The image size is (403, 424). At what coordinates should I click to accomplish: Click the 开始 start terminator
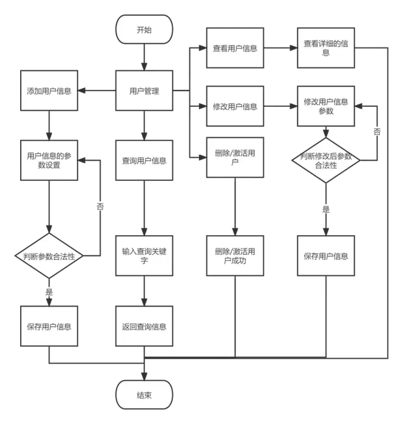tap(144, 29)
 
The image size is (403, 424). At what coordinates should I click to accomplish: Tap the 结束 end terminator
tap(144, 395)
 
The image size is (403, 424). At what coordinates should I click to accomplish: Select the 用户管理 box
tap(144, 90)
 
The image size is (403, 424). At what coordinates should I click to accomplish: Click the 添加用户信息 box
tap(49, 90)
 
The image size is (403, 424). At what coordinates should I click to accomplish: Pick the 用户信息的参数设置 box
tap(49, 160)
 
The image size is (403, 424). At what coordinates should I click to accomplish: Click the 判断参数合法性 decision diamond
tap(49, 255)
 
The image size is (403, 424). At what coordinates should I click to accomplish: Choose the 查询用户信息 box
tap(144, 160)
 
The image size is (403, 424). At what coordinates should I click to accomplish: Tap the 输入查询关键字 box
tap(144, 255)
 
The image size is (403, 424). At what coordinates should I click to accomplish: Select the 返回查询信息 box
tap(144, 326)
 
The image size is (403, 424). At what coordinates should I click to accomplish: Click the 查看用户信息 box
tap(235, 48)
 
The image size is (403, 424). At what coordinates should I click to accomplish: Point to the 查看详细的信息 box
tap(325, 48)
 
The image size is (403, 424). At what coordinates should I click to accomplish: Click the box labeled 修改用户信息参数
tap(325, 106)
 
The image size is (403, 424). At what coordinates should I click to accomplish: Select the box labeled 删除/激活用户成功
tap(235, 255)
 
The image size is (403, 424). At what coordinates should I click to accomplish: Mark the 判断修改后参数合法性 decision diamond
tap(325, 160)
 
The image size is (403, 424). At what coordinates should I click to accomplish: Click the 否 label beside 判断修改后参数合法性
tap(377, 132)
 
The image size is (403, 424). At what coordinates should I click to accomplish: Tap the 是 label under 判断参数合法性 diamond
tap(49, 292)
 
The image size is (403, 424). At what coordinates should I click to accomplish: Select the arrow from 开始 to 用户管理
tap(144, 57)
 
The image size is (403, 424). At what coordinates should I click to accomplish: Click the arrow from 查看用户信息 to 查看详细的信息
tap(280, 48)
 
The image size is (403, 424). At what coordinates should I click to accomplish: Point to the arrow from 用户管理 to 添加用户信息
tap(96, 90)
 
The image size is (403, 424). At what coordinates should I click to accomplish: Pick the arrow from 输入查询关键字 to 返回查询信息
tap(144, 291)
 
